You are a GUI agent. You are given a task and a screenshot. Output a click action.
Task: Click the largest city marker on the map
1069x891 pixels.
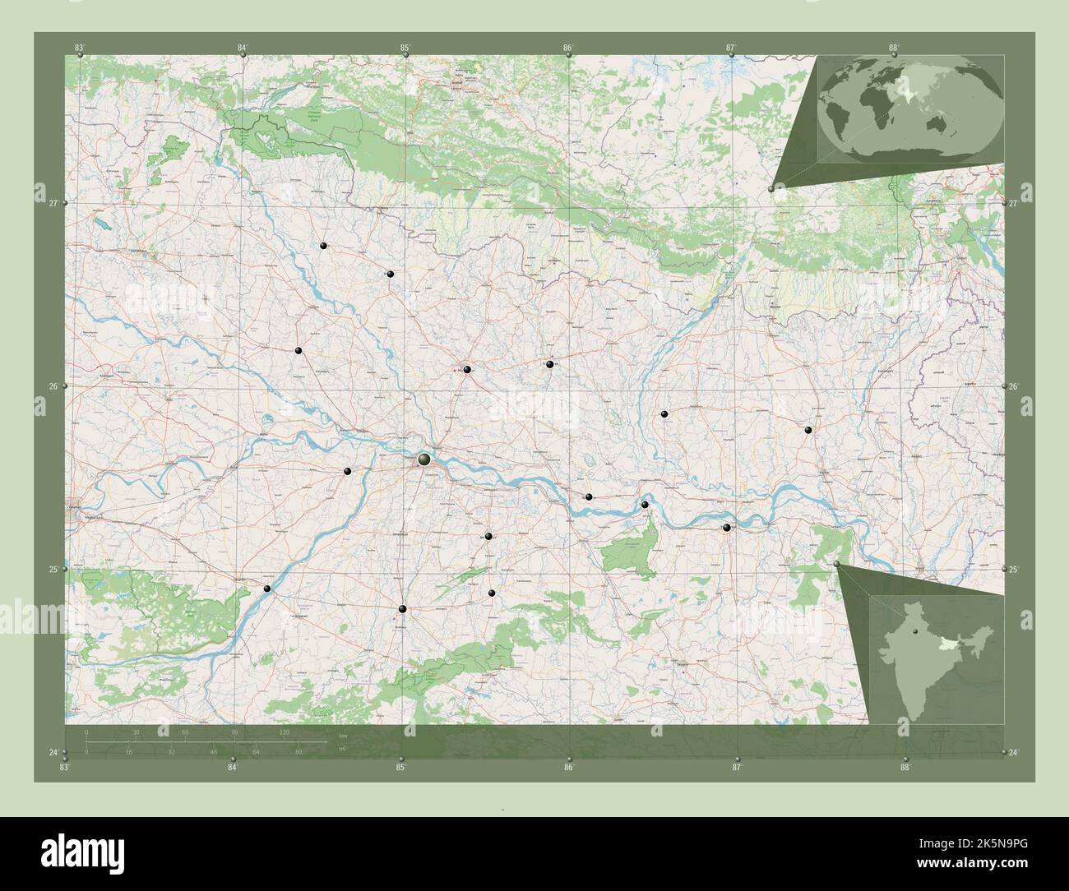click(x=424, y=459)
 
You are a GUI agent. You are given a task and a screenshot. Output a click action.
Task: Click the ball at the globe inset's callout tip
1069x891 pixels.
click(x=771, y=189)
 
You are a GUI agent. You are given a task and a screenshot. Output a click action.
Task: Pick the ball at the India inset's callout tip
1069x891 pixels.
click(x=836, y=565)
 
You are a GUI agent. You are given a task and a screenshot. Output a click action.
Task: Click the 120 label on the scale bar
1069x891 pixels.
click(x=285, y=732)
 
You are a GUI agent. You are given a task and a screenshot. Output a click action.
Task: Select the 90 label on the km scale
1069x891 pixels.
click(x=235, y=732)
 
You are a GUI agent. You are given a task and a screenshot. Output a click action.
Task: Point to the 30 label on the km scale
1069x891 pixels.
click(x=137, y=732)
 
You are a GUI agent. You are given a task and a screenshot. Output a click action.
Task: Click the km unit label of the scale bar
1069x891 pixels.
click(x=343, y=736)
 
